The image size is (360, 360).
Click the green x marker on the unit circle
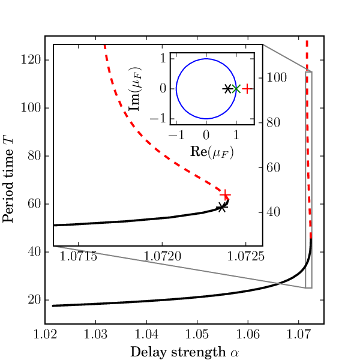[x=236, y=89]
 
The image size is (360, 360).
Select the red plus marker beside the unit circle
[x=247, y=89]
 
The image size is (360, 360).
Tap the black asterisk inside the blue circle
[x=227, y=89]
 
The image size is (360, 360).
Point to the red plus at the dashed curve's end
[x=225, y=195]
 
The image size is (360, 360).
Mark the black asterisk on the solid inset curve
[x=221, y=208]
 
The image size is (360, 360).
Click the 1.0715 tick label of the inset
[x=78, y=256]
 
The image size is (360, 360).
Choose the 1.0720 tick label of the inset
[x=162, y=256]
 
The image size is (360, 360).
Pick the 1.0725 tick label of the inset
[x=245, y=256]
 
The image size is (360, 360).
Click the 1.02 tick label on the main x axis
[x=45, y=335]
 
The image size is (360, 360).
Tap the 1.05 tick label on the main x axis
[x=197, y=335]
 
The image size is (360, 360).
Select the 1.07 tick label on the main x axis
[x=298, y=335]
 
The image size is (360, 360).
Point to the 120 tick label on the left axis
[x=31, y=60]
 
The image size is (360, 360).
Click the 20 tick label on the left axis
[x=34, y=300]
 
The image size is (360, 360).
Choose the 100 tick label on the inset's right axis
[x=277, y=77]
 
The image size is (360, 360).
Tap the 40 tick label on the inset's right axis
[x=273, y=212]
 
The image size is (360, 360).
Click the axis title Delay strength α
[x=185, y=352]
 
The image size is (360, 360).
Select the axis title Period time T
[x=8, y=180]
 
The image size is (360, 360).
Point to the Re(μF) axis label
[x=212, y=152]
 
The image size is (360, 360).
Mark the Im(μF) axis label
[x=135, y=89]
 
